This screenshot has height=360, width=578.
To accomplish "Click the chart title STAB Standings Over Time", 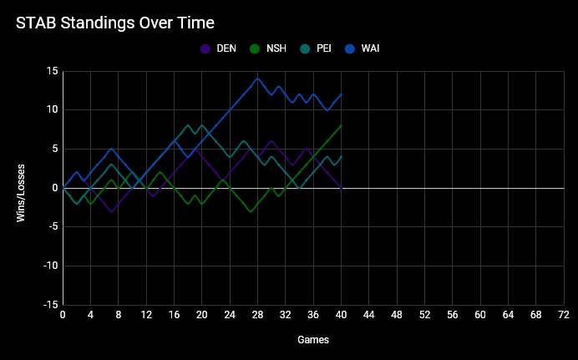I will click(x=114, y=22).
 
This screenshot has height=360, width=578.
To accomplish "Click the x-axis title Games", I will click(x=313, y=340).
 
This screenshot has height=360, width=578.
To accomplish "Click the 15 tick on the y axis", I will click(x=52, y=71).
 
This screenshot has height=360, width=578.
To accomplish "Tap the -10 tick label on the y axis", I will click(x=48, y=266).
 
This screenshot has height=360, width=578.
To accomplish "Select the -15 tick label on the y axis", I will click(x=48, y=305).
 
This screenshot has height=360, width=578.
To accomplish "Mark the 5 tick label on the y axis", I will click(x=54, y=149).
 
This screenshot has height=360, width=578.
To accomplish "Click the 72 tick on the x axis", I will click(x=564, y=315).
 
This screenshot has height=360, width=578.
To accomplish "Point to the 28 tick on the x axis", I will click(x=257, y=315).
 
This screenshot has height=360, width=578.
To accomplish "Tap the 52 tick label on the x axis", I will click(x=424, y=315).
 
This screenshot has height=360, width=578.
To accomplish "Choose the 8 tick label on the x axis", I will click(x=119, y=315).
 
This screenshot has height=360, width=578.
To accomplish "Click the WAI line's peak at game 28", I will click(x=257, y=79).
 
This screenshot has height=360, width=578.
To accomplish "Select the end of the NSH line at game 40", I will click(x=342, y=125).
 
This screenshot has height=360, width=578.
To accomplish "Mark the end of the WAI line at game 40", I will click(x=342, y=94).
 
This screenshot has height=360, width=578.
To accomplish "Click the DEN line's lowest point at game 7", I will click(x=112, y=211).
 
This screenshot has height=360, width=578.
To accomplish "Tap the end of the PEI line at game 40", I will click(x=342, y=156).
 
